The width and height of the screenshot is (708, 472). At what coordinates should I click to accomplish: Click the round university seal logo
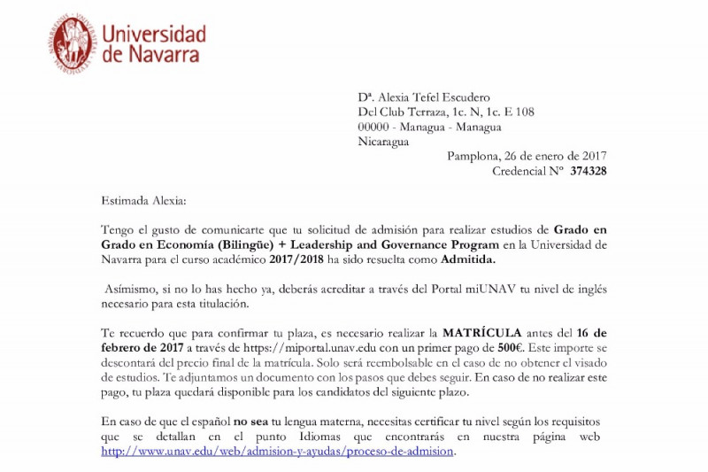coord(72,43)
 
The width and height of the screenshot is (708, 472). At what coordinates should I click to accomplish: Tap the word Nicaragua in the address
coord(383,141)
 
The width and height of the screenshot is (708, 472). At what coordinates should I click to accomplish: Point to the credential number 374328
coord(589,171)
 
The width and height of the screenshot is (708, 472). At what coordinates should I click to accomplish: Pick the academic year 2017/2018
coord(289,259)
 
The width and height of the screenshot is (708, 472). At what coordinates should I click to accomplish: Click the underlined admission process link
coord(278,451)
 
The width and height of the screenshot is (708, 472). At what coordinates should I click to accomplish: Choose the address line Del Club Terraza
coord(445,112)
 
